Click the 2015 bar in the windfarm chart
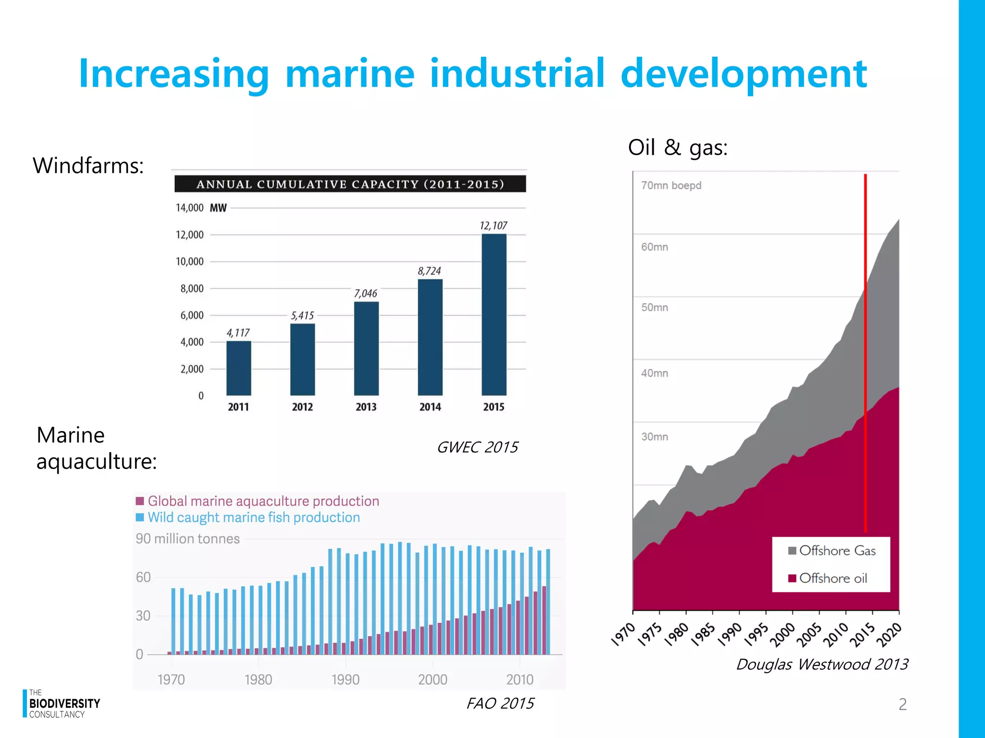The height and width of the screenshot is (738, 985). [494, 315]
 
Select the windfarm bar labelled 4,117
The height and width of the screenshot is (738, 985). [239, 368]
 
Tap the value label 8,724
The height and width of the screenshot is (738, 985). [429, 271]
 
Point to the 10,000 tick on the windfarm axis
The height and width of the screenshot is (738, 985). [189, 262]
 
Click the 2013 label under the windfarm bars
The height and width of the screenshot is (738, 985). [366, 407]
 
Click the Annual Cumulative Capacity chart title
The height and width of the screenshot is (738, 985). [350, 184]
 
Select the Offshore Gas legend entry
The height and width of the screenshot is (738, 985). [832, 551]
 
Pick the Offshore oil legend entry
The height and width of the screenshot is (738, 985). [828, 578]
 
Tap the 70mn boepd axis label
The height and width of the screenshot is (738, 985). [671, 185]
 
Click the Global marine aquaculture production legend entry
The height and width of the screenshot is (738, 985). [258, 501]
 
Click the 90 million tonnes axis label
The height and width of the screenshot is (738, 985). [188, 539]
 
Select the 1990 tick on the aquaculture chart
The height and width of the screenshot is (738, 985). [345, 679]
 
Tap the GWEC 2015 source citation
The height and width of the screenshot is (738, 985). [477, 447]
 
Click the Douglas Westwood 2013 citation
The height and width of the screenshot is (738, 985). [822, 664]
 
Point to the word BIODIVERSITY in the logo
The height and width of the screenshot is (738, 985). [64, 703]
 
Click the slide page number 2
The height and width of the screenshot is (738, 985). [903, 704]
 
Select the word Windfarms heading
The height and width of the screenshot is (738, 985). [88, 166]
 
